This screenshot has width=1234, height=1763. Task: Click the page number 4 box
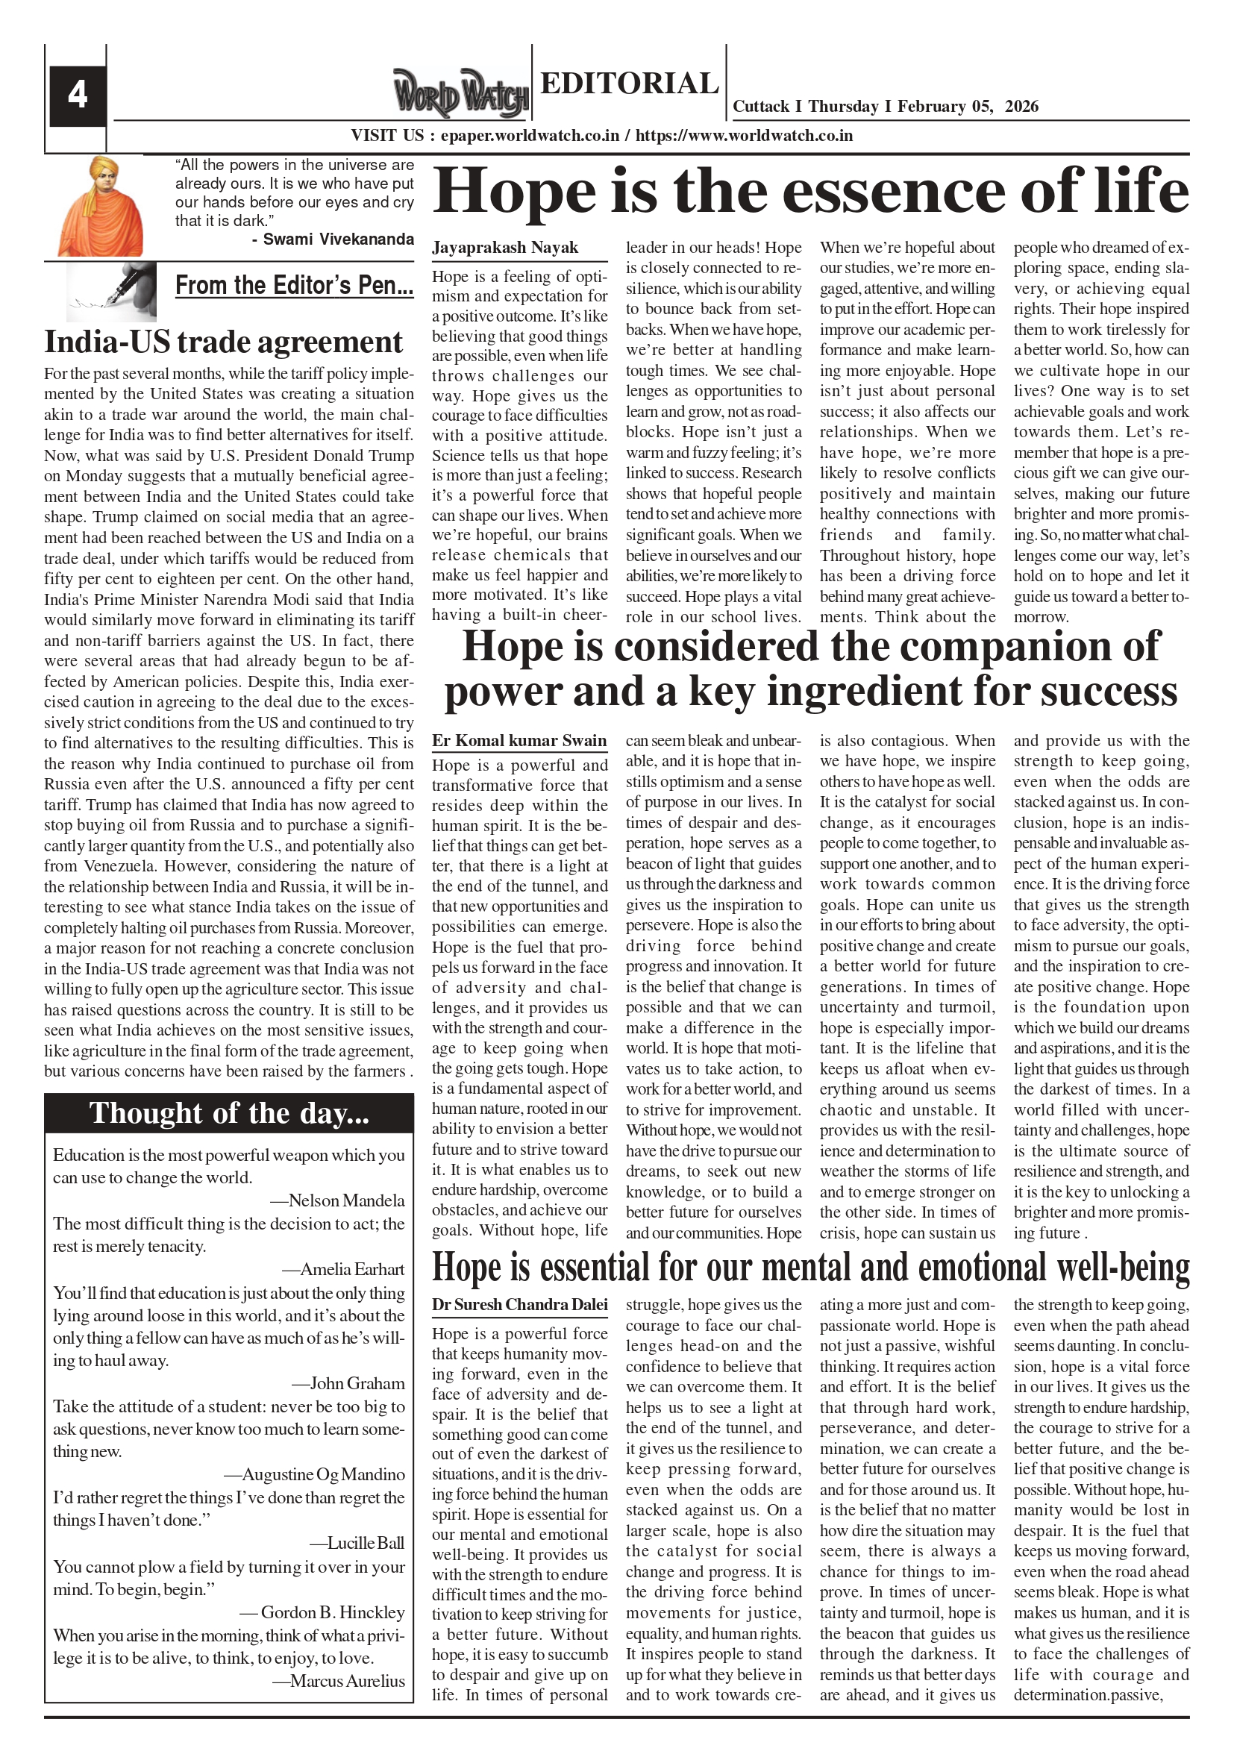77,96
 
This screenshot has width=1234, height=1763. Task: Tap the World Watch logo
460,94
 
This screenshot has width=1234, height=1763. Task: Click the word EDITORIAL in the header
629,83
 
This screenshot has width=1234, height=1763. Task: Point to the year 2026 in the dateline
1021,107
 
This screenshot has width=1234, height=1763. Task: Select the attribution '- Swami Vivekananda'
333,239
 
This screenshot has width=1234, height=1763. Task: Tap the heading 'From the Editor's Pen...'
294,286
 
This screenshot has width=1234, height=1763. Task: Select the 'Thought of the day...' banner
229,1112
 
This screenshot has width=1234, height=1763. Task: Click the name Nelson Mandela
346,1200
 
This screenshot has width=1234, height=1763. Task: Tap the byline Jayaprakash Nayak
504,248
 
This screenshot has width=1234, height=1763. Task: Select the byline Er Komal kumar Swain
519,741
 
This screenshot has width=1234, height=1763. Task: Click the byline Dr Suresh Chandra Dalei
519,1305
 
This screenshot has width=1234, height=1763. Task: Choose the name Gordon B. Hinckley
333,1612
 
